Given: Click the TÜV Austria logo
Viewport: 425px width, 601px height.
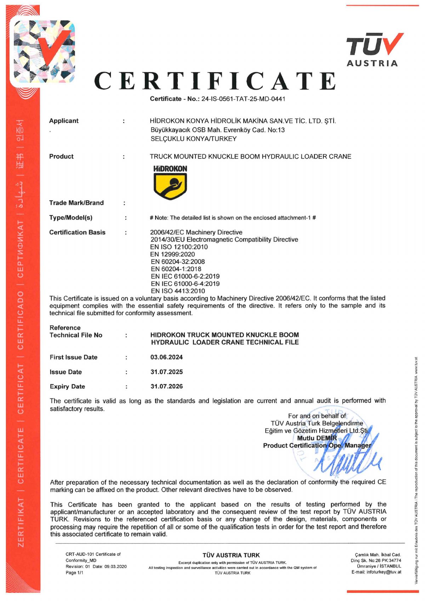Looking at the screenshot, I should tap(374, 50).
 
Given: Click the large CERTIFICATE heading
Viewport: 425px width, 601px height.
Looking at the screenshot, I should tap(215, 81).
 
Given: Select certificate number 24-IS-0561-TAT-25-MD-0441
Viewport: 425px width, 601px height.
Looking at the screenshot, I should tap(243, 99).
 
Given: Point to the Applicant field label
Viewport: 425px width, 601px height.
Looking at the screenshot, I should tap(64, 121).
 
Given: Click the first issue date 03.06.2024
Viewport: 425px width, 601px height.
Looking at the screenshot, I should tap(166, 357).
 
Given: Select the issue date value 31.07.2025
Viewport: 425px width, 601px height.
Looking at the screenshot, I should tap(166, 372).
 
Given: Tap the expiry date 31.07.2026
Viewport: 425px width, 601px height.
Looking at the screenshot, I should tap(166, 386).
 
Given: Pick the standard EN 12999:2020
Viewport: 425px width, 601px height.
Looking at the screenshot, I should tap(172, 254).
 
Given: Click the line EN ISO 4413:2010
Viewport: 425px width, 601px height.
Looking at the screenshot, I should tap(178, 291).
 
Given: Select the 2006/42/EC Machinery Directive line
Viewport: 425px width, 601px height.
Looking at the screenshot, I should tap(196, 232).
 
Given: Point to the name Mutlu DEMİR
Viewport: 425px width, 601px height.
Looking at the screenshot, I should tap(317, 438).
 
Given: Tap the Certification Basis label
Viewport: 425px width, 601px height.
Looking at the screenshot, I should tap(77, 232).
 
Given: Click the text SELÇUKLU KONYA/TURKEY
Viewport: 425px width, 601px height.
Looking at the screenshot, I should tap(193, 139).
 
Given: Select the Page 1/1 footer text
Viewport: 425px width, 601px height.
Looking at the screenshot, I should tap(74, 573).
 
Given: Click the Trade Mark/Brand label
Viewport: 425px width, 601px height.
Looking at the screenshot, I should tap(76, 203).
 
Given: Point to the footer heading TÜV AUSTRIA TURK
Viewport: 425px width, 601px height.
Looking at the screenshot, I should tap(231, 555).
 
